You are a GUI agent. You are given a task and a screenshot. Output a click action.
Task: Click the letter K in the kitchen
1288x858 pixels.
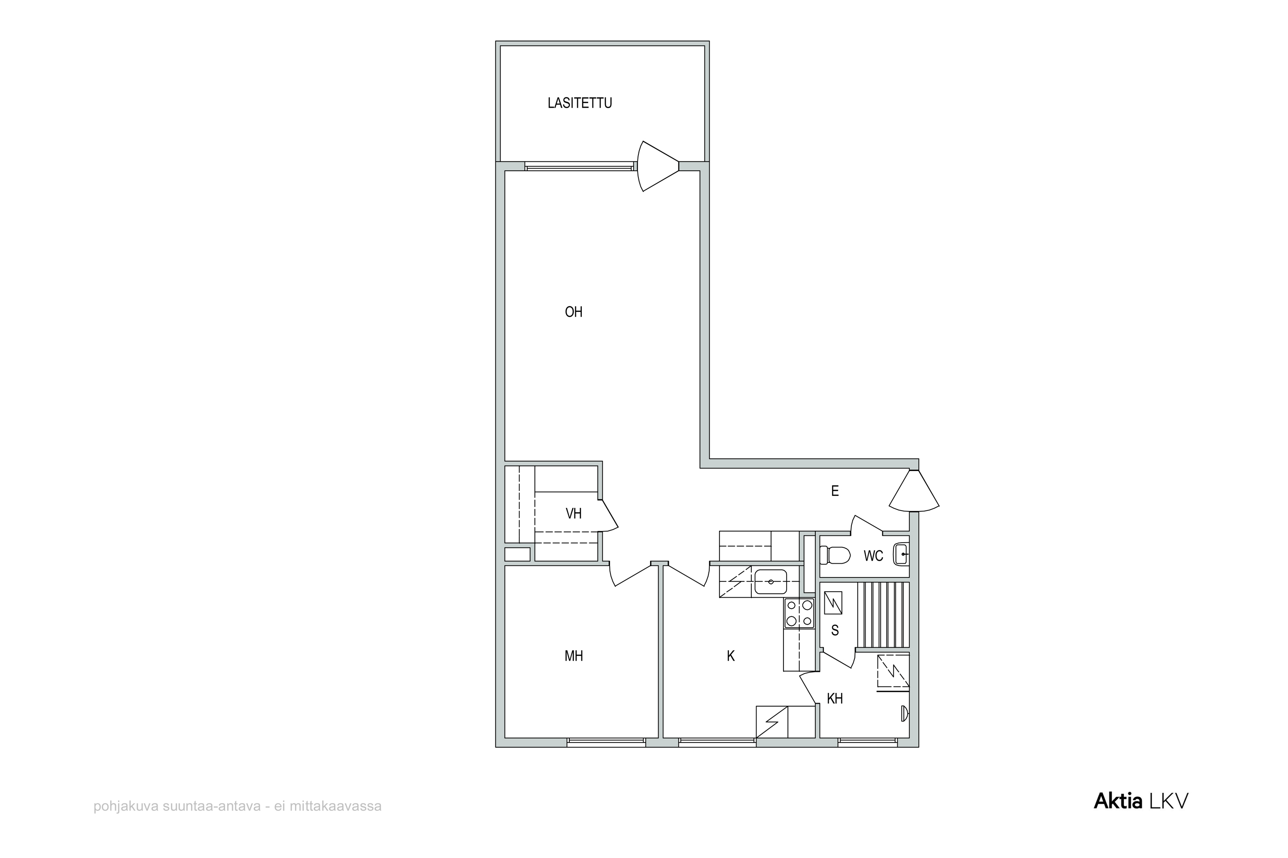731,656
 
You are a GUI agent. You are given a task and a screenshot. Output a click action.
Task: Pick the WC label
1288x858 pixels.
873,556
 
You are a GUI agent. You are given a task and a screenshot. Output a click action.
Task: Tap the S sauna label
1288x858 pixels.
835,630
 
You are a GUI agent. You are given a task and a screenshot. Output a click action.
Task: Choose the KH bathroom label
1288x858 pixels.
835,699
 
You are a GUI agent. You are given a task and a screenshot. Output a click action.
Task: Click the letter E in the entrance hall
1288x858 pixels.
835,491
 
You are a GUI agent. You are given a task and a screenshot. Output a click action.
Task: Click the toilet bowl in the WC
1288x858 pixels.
835,556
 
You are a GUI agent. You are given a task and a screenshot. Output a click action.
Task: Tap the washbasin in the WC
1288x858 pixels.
901,554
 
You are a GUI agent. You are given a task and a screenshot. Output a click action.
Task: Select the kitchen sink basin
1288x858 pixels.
771,582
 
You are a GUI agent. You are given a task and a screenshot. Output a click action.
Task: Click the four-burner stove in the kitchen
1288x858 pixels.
799,613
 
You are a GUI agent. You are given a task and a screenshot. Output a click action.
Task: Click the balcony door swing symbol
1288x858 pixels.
658,166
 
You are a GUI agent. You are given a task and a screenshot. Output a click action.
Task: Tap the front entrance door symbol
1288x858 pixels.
914,491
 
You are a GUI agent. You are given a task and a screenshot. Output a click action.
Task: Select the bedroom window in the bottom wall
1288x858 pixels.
606,742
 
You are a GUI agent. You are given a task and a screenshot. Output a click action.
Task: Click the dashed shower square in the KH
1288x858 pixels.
893,671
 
